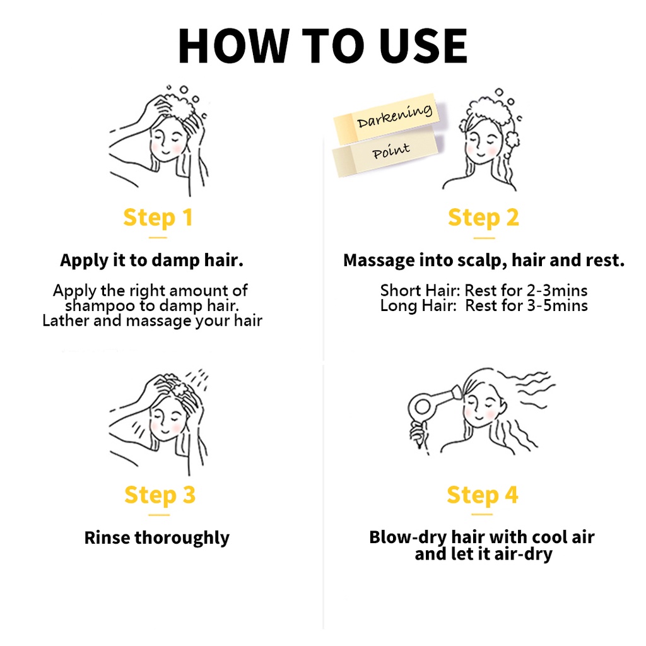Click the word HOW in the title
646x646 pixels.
click(233, 45)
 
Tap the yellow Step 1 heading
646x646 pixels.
click(158, 218)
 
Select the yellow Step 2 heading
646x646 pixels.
click(483, 218)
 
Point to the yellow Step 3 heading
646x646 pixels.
click(160, 495)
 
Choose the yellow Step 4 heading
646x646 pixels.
click(483, 495)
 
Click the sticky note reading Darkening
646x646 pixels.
click(387, 118)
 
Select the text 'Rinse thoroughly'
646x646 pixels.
click(157, 537)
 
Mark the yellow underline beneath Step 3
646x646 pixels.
click(159, 515)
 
